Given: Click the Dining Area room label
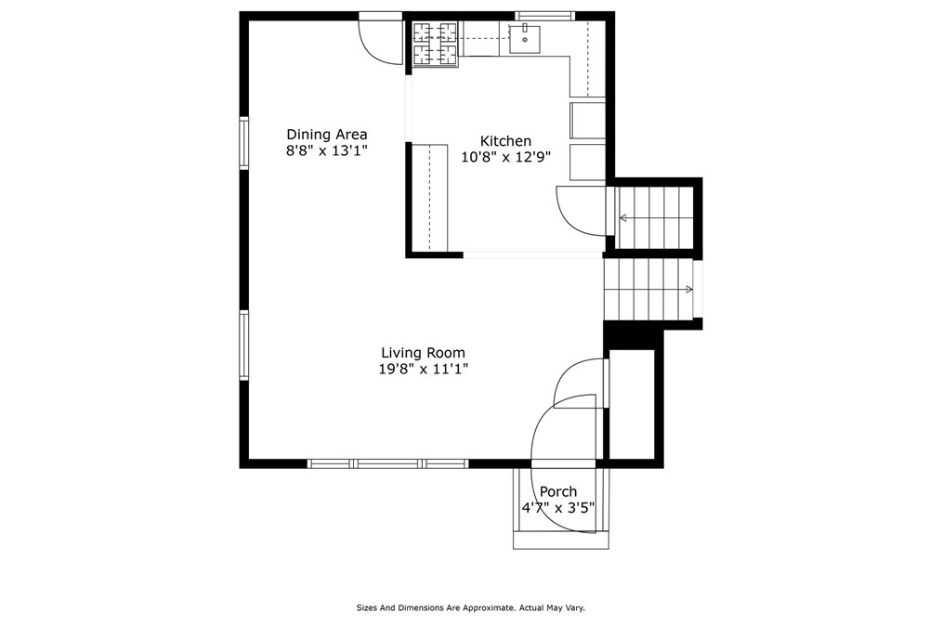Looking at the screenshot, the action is click(x=326, y=134).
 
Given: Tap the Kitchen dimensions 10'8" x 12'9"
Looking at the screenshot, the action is click(x=506, y=157).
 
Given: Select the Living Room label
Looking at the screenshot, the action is click(x=423, y=352).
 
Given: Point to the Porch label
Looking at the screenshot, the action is click(x=558, y=491).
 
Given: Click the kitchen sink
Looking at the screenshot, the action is click(x=525, y=39).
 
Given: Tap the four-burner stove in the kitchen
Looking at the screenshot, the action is click(x=436, y=44).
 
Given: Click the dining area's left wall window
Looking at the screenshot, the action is click(x=243, y=143).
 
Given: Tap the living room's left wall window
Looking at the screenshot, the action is click(x=243, y=345).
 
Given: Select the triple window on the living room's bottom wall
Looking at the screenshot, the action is click(x=387, y=463).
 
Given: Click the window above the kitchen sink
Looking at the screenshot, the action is click(x=545, y=16).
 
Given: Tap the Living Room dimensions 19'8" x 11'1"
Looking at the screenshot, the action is click(x=423, y=369).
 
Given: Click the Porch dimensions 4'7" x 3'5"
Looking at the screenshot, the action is click(x=558, y=508).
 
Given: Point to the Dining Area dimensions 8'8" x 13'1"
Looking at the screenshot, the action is click(x=326, y=150).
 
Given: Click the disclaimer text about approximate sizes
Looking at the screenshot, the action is click(x=470, y=607).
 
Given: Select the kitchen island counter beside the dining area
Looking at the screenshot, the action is click(x=430, y=197).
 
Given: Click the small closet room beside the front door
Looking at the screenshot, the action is click(x=632, y=404).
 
